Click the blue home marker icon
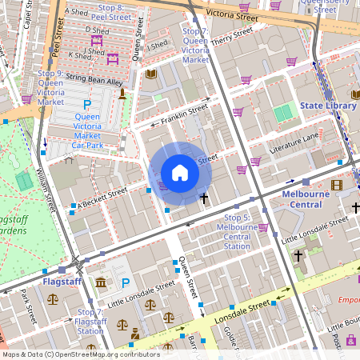point(180,173)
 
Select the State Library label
point(327,106)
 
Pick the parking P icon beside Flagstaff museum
point(126,282)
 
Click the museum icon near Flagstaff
point(101,282)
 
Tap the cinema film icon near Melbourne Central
point(336,186)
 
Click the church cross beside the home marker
point(204,197)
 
